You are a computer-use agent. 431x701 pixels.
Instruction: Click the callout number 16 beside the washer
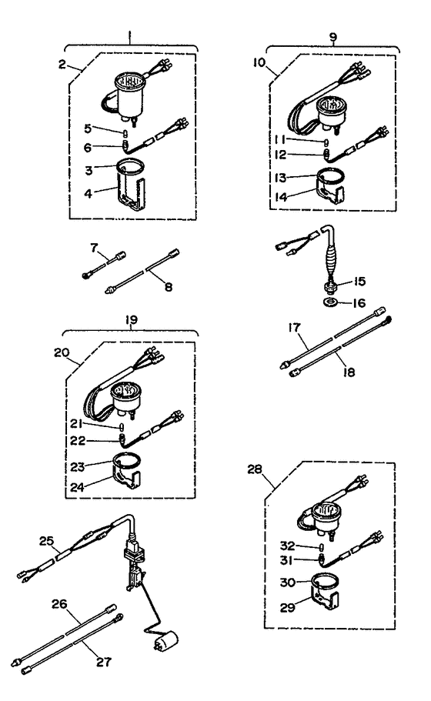click(x=359, y=303)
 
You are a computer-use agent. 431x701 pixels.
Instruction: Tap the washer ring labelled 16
click(x=330, y=302)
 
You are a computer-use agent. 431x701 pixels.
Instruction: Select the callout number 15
click(x=359, y=281)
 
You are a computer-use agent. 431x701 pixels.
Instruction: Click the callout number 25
click(x=46, y=541)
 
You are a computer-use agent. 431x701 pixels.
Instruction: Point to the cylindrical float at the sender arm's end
click(x=165, y=640)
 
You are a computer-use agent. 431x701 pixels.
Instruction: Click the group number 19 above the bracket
click(x=131, y=320)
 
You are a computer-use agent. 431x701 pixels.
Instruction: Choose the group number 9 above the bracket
click(x=333, y=37)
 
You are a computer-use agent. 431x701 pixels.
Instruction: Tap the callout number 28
click(x=255, y=469)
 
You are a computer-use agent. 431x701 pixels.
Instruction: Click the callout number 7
click(x=93, y=247)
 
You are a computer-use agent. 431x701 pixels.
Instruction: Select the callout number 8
click(x=168, y=286)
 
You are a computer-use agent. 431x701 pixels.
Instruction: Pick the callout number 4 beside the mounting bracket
click(x=88, y=194)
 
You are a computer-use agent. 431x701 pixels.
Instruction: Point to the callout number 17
click(x=294, y=328)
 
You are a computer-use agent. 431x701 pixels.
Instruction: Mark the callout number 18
click(x=349, y=372)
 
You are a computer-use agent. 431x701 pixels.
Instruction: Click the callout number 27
click(x=103, y=662)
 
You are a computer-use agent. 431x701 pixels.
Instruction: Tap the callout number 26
click(x=59, y=605)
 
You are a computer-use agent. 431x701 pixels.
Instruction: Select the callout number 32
click(x=288, y=546)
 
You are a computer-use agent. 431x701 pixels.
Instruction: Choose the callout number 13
click(x=280, y=178)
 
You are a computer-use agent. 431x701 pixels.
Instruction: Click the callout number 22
click(x=77, y=441)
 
